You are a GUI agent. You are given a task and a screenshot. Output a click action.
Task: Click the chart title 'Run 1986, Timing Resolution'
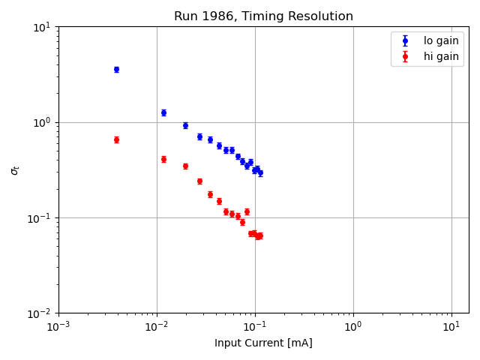tap(263, 16)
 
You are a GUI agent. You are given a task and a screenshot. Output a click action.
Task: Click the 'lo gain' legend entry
tap(441, 41)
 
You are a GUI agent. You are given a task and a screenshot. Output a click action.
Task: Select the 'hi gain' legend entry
tap(441, 56)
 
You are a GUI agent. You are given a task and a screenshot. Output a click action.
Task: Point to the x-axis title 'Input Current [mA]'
tap(263, 343)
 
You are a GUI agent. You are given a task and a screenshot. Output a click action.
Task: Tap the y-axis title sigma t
tap(14, 170)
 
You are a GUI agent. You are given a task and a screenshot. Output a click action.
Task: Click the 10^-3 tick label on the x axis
tap(58, 327)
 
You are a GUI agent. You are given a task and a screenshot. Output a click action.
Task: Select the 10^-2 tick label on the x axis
tap(157, 327)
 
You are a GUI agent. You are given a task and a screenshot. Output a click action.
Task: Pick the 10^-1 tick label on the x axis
tap(255, 327)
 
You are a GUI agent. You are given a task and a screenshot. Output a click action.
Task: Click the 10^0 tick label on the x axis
tap(353, 327)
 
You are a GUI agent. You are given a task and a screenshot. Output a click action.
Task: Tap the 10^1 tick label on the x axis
tap(451, 327)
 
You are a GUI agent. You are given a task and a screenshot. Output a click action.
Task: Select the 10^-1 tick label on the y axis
tap(40, 218)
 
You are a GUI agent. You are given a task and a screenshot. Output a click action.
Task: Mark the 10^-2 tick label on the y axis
tap(40, 313)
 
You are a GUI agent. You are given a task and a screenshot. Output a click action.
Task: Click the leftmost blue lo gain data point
tap(116, 70)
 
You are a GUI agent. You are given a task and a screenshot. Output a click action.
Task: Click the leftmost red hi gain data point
tap(116, 139)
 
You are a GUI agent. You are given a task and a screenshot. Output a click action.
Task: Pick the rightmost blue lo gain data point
tap(260, 172)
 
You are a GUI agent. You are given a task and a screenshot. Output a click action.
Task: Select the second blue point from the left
tap(163, 112)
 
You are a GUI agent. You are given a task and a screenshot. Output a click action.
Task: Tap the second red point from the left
tap(163, 159)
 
